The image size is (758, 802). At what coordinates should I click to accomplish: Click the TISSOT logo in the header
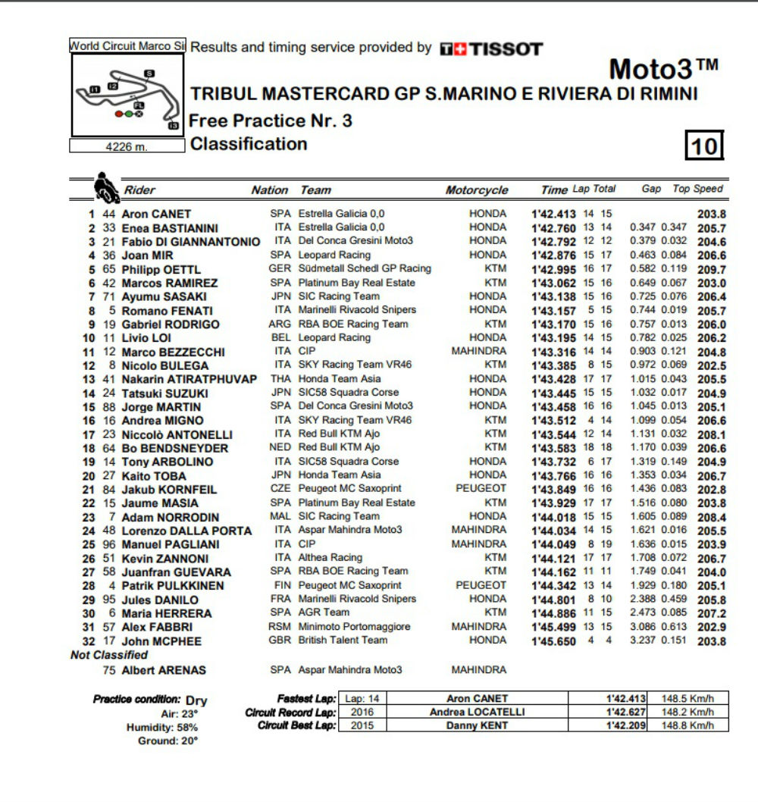[491, 49]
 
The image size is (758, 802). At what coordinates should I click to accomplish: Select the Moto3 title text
[663, 70]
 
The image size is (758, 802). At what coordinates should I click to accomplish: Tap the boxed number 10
[704, 145]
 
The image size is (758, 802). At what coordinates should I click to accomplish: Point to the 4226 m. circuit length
[127, 146]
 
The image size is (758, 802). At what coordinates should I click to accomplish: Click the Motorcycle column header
[477, 190]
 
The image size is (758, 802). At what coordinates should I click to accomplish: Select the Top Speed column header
[698, 189]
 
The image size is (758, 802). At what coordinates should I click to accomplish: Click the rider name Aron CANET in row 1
[156, 214]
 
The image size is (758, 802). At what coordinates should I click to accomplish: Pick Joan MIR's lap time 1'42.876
[556, 255]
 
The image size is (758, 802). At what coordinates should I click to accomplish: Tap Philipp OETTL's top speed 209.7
[712, 269]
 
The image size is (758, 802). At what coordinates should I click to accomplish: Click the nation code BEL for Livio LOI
[280, 337]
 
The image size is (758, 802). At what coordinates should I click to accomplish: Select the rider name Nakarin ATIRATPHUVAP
[189, 379]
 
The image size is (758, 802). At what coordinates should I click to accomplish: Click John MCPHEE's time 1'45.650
[556, 641]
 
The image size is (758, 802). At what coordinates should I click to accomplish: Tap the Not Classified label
[109, 655]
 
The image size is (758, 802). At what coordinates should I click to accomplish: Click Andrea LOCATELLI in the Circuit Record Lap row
[477, 712]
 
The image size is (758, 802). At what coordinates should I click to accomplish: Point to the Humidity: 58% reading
[162, 727]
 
